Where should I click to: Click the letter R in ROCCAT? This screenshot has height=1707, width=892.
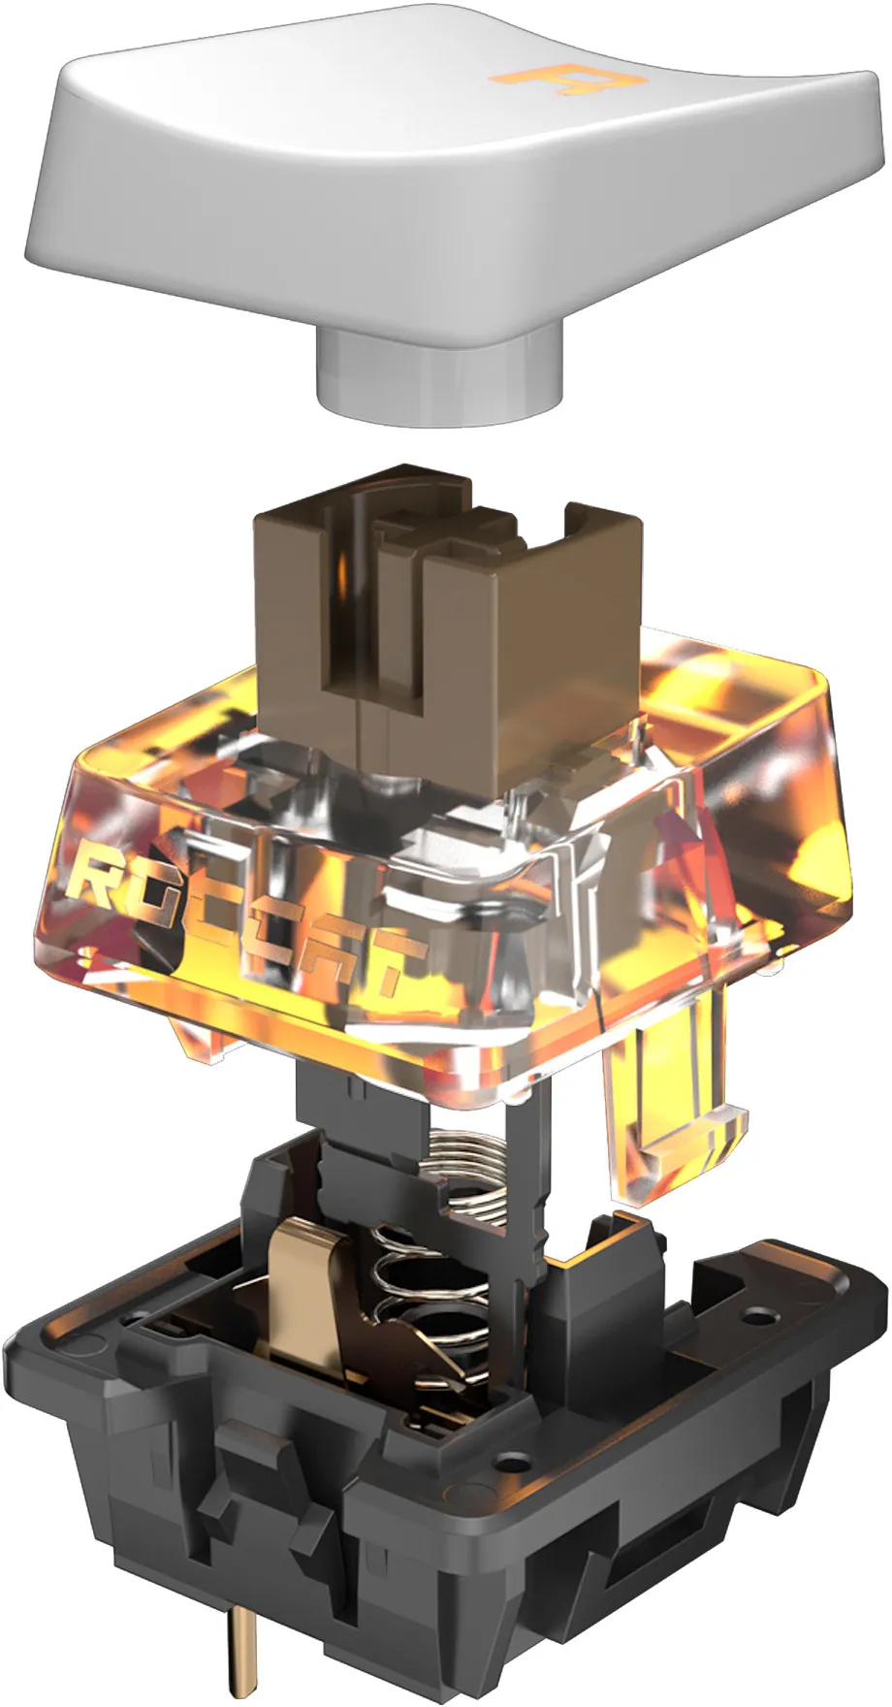coord(107,878)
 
